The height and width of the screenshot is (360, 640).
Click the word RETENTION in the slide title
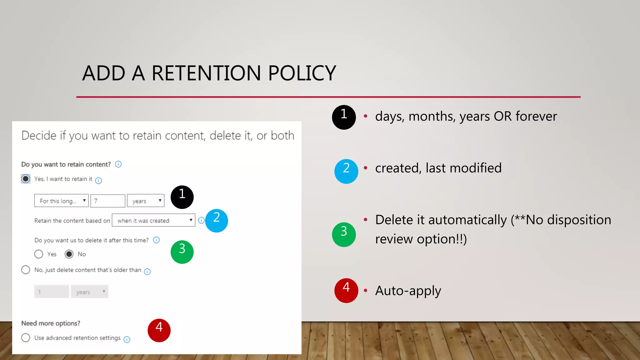click(x=206, y=73)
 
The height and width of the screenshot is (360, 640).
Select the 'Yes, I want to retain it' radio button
click(x=26, y=179)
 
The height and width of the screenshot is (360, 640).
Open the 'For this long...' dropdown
click(x=62, y=201)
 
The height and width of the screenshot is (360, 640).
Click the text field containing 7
click(x=107, y=201)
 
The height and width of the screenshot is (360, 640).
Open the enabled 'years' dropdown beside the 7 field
click(x=146, y=201)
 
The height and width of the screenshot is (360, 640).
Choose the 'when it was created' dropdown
click(x=153, y=220)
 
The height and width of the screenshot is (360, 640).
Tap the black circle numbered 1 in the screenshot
click(x=182, y=197)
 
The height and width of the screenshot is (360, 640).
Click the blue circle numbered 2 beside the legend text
click(x=346, y=171)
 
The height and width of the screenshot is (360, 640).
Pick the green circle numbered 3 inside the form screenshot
click(x=182, y=252)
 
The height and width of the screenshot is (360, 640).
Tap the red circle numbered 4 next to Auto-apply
click(x=346, y=290)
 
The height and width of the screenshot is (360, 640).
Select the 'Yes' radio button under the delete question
click(x=39, y=254)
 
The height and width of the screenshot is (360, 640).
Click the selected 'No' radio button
click(x=69, y=254)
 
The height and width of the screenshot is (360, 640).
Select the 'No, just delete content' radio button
click(x=26, y=270)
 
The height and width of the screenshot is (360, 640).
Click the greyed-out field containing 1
click(x=52, y=292)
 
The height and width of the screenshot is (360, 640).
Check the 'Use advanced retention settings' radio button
click(x=26, y=337)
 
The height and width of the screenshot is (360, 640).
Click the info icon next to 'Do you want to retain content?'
click(x=118, y=164)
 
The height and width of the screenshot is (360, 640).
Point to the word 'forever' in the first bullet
click(x=536, y=116)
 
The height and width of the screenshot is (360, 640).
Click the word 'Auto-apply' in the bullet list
click(x=408, y=291)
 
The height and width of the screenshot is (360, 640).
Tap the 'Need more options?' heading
click(x=51, y=323)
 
